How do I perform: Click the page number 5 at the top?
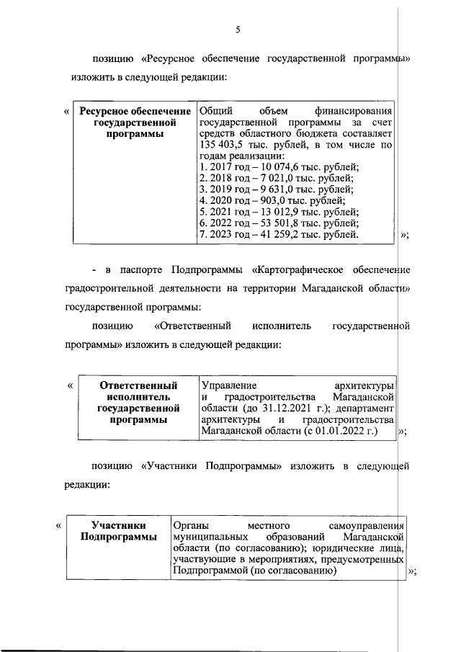click(x=237, y=30)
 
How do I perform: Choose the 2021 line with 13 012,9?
click(x=278, y=212)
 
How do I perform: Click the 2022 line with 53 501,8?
click(x=278, y=223)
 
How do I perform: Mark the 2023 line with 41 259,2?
click(x=278, y=234)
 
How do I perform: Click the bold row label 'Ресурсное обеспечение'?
click(x=135, y=111)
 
